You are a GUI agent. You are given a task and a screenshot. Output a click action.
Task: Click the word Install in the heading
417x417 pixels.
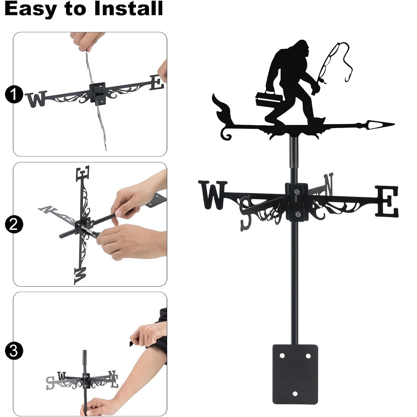click(128, 8)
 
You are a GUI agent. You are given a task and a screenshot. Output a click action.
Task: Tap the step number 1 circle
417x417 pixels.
click(13, 95)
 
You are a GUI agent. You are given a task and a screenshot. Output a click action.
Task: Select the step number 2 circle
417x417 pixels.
click(13, 224)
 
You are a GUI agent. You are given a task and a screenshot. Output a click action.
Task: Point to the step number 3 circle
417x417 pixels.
click(13, 351)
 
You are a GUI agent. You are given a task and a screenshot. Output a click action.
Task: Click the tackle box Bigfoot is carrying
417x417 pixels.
click(269, 99)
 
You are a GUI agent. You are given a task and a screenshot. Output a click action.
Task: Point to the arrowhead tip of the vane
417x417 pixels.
click(394, 124)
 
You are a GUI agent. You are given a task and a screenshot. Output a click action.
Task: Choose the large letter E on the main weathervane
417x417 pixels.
click(387, 201)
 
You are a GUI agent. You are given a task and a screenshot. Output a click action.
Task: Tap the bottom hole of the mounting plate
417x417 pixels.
click(295, 393)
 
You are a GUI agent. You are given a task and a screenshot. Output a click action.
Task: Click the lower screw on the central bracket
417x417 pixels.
click(298, 214)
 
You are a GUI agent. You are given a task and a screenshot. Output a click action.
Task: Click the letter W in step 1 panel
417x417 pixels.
click(36, 99)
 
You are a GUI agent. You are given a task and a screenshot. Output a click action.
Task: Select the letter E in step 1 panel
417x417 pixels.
click(157, 82)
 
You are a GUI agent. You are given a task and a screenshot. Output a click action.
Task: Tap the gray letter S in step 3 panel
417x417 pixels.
click(50, 383)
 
